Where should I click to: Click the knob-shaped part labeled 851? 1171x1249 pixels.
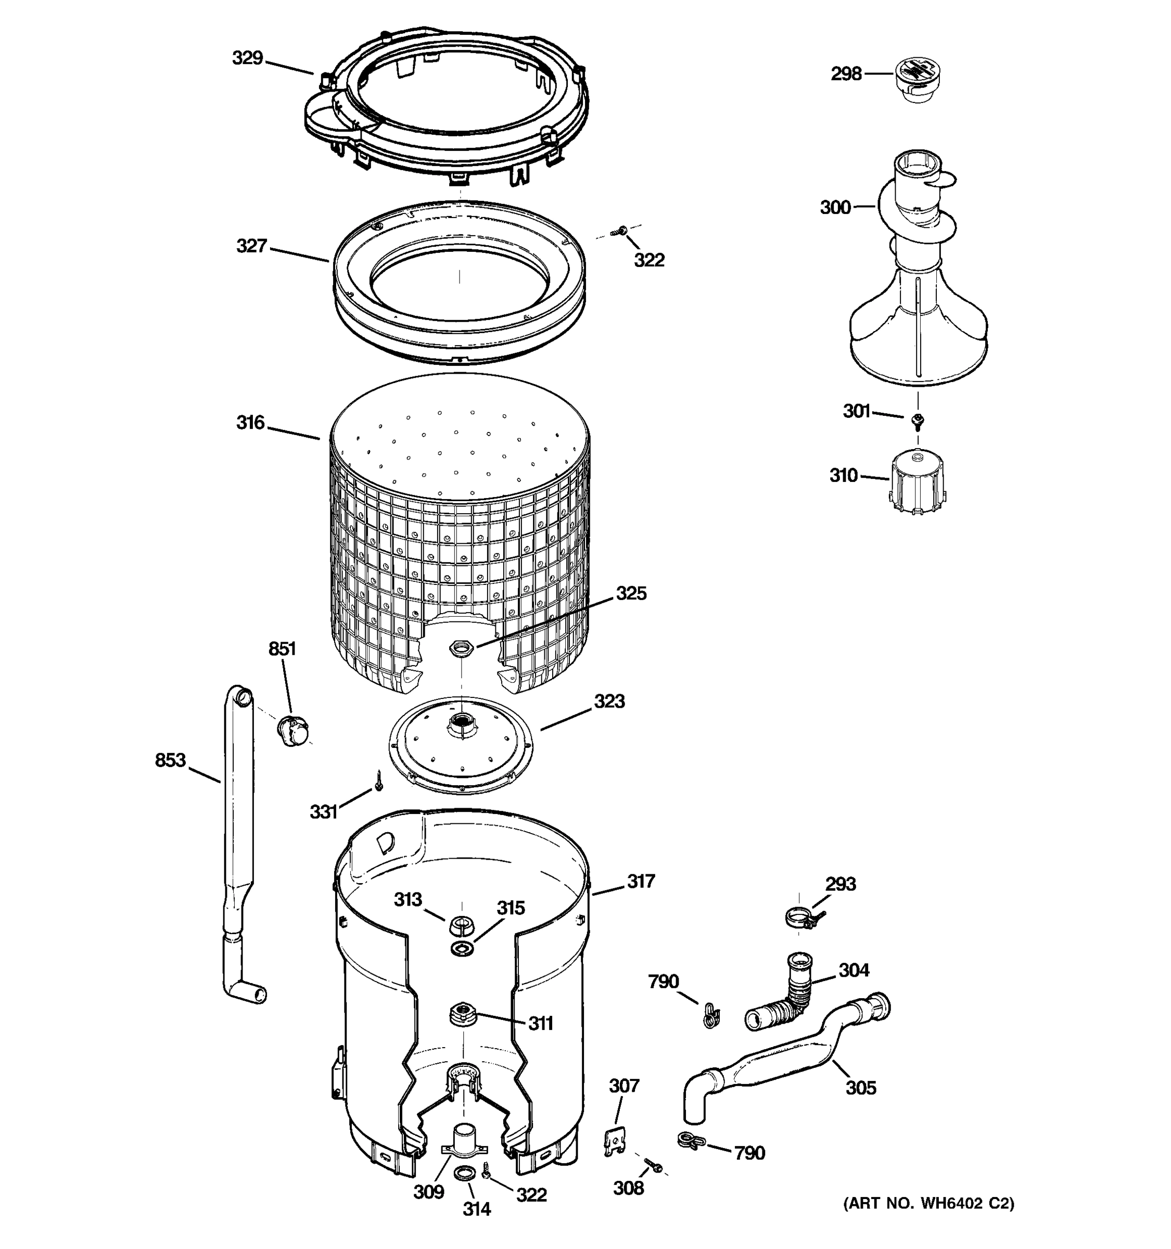click(x=292, y=730)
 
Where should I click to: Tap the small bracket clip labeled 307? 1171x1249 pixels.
click(x=614, y=1142)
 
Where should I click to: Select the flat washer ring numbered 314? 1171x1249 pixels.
click(x=464, y=1172)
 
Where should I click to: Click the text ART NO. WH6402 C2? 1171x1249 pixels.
click(x=928, y=1204)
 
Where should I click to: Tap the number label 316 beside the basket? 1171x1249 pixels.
click(x=250, y=422)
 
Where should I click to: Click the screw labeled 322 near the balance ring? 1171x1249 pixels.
click(x=622, y=231)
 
